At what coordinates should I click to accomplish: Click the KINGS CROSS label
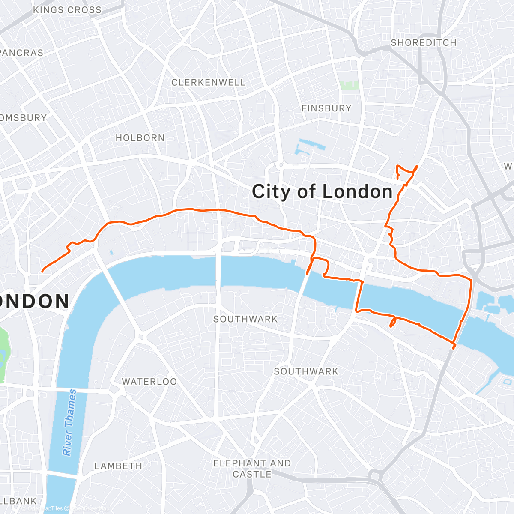[x=67, y=10]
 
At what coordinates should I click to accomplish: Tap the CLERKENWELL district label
[x=208, y=82]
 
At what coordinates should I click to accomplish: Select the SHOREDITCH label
[x=423, y=43]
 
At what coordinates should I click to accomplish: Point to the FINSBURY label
[x=326, y=108]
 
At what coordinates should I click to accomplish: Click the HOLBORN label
[x=140, y=138]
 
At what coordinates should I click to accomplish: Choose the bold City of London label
[x=322, y=191]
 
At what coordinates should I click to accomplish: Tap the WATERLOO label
[x=149, y=382]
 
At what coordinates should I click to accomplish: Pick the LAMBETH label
[x=118, y=466]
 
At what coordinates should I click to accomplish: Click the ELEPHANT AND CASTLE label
[x=252, y=469]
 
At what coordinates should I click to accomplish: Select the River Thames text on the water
[x=69, y=422]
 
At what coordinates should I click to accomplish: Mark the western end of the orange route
[x=42, y=271]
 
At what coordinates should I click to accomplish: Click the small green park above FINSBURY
[x=349, y=85]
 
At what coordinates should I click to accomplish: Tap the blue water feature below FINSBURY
[x=309, y=146]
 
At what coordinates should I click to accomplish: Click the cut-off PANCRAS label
[x=21, y=53]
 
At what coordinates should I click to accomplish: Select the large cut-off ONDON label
[x=34, y=302]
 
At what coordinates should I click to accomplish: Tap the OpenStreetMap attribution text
[x=86, y=508]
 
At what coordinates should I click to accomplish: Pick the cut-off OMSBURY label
[x=23, y=118]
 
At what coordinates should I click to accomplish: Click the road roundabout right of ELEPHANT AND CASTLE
[x=377, y=475]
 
